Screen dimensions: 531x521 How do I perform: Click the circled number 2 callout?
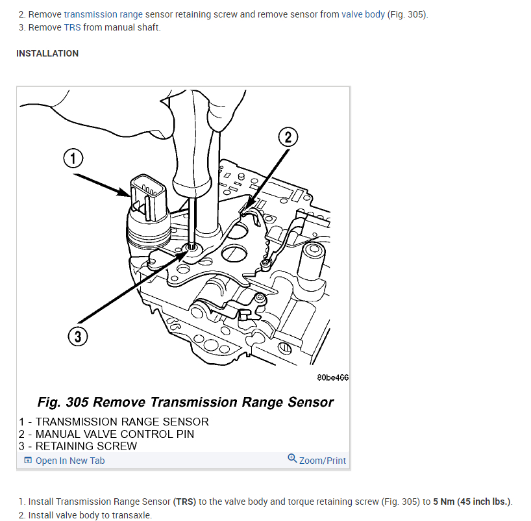288,138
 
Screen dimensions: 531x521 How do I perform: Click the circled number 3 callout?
77,337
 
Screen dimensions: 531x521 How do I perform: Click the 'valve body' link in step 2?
363,14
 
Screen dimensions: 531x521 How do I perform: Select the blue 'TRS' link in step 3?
72,27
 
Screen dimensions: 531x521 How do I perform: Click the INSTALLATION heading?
47,53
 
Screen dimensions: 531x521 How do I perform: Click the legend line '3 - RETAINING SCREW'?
78,446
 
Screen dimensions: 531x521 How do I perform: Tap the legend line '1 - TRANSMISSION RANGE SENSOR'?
114,422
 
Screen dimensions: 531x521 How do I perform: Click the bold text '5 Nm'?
445,502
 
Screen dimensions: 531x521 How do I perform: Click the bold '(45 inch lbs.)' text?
484,502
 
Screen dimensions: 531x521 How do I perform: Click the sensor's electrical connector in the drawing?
147,193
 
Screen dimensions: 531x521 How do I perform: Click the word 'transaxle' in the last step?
132,515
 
